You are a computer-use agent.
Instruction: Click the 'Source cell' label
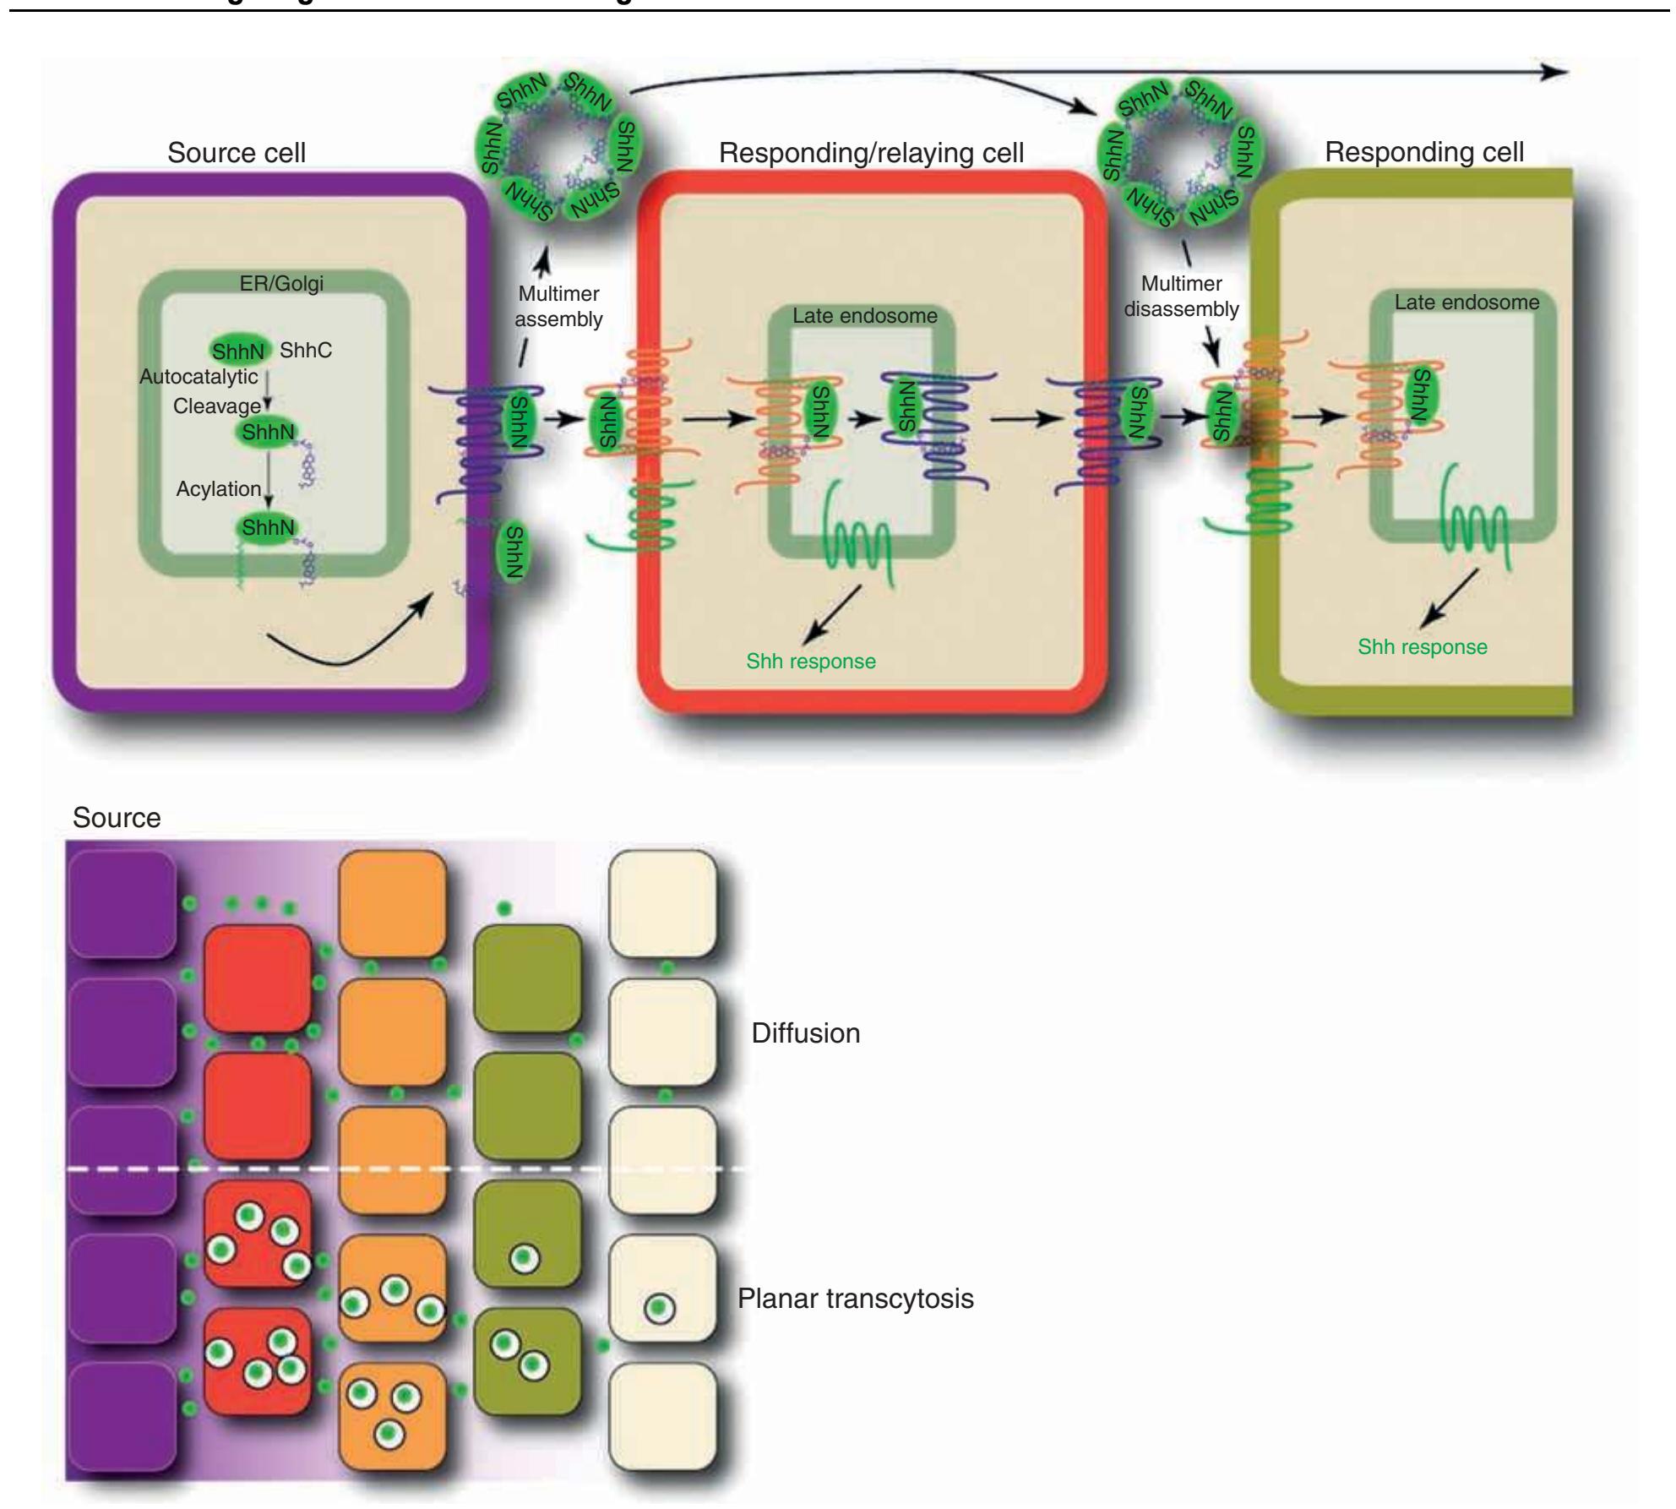[x=237, y=153]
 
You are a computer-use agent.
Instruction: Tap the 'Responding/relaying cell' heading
[x=871, y=153]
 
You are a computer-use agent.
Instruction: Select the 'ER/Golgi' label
[x=281, y=284]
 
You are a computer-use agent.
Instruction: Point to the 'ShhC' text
[x=306, y=351]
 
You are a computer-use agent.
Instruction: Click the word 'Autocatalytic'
[x=199, y=377]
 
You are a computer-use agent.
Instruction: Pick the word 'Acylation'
[x=219, y=489]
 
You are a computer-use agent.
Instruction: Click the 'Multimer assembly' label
[x=558, y=307]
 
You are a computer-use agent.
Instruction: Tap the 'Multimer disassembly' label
[x=1181, y=297]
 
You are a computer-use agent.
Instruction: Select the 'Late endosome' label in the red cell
[x=865, y=316]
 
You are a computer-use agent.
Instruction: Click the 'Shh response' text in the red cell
[x=811, y=661]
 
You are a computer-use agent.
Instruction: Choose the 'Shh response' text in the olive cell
[x=1423, y=647]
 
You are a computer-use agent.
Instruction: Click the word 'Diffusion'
[x=806, y=1033]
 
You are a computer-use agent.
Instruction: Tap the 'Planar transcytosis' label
[x=856, y=1299]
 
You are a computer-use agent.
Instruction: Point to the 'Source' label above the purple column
[x=117, y=818]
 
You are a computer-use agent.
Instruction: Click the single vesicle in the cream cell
[x=661, y=1309]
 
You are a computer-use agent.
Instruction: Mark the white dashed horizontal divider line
[x=405, y=1169]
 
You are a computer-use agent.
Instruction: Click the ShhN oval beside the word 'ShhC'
[x=238, y=351]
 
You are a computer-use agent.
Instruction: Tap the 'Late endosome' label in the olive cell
[x=1466, y=302]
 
